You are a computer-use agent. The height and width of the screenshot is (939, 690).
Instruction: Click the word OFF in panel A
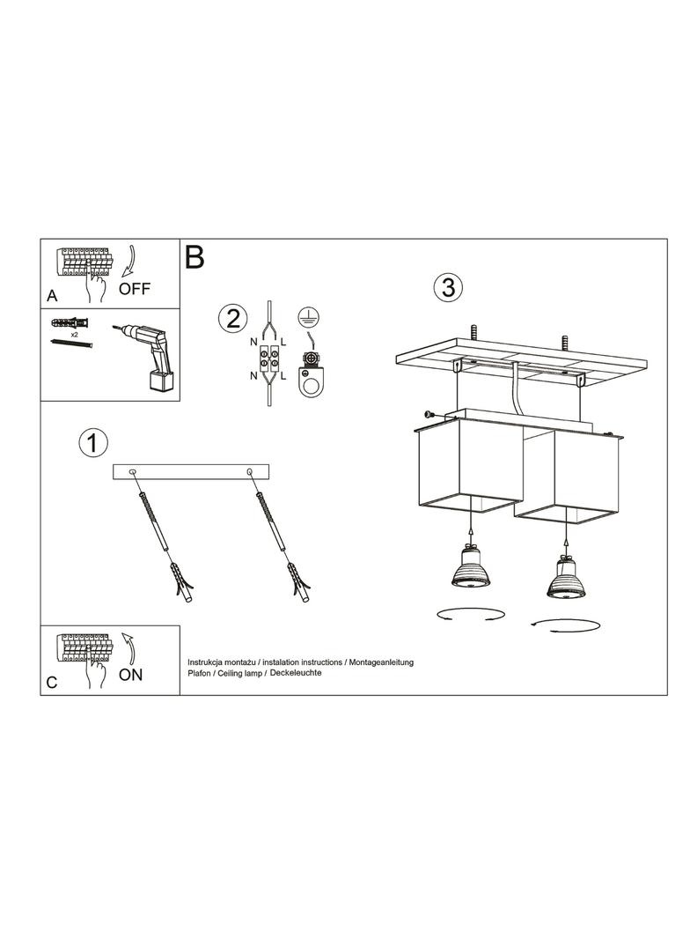135,289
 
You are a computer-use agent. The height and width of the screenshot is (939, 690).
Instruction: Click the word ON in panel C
130,675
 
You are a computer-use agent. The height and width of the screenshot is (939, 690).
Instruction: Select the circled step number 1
92,443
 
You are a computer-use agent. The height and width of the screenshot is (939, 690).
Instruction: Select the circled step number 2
233,317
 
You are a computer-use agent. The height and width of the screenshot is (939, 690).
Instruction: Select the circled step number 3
448,287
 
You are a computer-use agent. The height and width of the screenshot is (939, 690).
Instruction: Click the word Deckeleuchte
297,672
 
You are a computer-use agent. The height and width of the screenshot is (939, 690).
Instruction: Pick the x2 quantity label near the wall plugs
75,335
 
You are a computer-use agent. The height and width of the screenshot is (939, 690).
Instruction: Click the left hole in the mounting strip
132,472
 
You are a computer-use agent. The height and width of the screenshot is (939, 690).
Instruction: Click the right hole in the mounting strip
249,472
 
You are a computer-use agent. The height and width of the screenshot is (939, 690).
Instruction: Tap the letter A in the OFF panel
52,296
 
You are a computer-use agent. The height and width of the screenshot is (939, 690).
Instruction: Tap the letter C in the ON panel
52,683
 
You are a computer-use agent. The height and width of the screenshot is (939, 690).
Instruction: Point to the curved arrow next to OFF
129,262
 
